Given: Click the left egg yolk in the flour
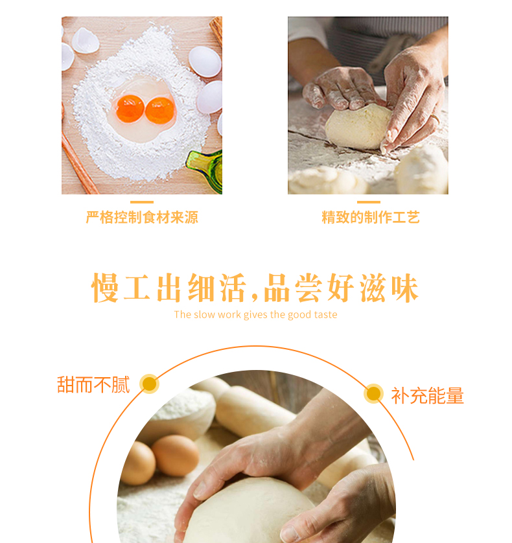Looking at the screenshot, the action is click(x=130, y=109).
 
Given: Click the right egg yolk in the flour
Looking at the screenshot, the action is click(x=159, y=110).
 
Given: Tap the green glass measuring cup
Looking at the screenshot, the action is click(x=205, y=171).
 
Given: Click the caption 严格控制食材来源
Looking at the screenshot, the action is click(x=142, y=218).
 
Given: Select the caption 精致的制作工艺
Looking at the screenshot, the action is click(x=371, y=218).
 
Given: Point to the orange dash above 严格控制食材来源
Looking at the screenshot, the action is click(x=142, y=202).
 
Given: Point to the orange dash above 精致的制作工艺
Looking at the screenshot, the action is click(x=369, y=202).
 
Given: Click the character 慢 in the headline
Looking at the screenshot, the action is click(x=105, y=288).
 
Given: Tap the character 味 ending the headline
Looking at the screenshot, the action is click(x=405, y=288).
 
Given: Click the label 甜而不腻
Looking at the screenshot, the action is click(x=93, y=385).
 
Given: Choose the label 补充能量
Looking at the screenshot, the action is click(x=428, y=395).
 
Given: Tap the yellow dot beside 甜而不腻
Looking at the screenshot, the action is click(x=149, y=384).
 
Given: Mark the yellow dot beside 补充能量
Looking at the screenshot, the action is click(x=373, y=393).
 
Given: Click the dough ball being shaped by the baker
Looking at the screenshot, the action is click(x=358, y=127).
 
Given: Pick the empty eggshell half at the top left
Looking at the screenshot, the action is click(x=85, y=41).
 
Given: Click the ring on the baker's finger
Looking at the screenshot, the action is click(x=435, y=119).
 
